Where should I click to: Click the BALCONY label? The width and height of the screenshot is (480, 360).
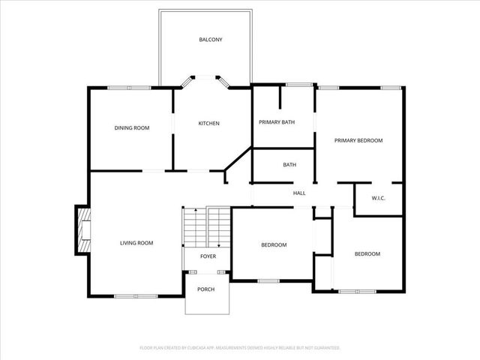coord(210,40)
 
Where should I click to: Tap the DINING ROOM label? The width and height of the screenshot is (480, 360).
coord(132,128)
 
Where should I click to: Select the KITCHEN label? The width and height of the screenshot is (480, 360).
coord(208,124)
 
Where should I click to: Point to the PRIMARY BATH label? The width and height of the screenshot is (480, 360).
coord(277,122)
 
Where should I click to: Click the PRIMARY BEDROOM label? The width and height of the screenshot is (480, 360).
coord(358,140)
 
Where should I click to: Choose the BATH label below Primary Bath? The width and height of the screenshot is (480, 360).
coord(289,165)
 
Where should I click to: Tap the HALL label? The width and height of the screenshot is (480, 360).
coord(299,193)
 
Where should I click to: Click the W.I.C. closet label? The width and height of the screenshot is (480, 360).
coord(379,199)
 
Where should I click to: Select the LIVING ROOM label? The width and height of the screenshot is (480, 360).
coord(136,243)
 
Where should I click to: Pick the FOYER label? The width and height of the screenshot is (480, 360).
coord(208,256)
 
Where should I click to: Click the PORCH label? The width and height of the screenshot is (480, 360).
coord(205,289)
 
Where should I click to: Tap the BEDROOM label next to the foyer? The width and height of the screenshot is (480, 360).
coord(274,245)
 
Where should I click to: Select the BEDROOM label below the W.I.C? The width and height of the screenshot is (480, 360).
coord(367,254)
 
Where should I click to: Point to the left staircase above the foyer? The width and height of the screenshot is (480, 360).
coord(194,226)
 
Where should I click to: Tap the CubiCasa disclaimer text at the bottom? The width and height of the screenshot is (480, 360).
coord(240,348)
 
